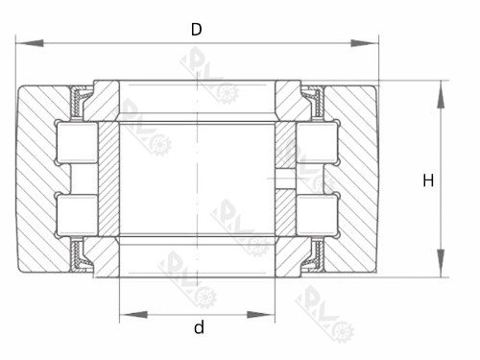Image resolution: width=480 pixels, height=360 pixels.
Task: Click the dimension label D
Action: tap(196, 29)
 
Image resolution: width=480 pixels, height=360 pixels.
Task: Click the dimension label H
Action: tap(428, 180)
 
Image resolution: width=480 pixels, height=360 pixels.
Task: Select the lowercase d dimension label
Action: tap(199, 327)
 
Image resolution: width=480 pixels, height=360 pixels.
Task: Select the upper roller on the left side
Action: tap(77, 144)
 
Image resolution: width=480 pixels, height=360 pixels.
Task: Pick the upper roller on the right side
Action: tap(317, 144)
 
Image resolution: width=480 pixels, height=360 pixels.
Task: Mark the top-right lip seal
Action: tap(312, 97)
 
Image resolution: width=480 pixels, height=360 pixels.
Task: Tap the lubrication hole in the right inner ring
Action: tap(285, 179)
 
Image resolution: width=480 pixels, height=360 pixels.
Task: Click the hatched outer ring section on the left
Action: tap(38, 179)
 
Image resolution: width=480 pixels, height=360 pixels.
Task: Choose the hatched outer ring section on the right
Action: tap(357, 179)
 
